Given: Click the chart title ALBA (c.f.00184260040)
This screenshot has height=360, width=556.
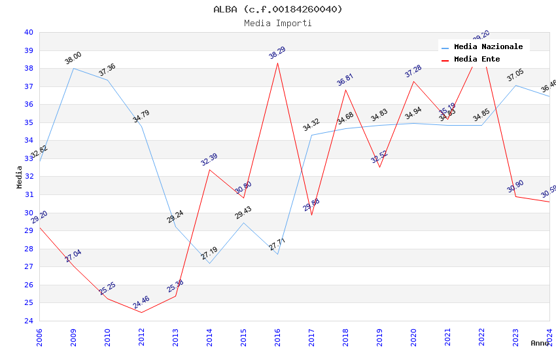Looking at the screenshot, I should coord(278,9).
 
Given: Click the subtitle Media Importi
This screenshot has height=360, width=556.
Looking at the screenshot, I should coord(278,24).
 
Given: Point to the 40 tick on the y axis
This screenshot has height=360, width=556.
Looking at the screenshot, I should coord(29,32).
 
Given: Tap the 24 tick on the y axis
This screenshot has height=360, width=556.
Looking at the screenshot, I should coord(29,321).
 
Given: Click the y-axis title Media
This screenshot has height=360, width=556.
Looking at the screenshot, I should coord(20,177).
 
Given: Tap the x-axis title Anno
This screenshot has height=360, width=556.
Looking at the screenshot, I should coord(540,343).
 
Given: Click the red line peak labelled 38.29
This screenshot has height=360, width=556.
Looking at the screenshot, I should coord(277,63).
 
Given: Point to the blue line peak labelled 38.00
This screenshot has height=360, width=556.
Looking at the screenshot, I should coord(73,68).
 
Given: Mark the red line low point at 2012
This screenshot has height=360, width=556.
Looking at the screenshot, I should coord(141,312).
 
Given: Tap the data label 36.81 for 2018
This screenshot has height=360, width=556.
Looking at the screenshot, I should coord(345,80).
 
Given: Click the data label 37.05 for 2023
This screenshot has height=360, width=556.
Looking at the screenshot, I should coord(515,76).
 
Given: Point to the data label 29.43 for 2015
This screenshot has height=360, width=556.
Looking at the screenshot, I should coord(243,213).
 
